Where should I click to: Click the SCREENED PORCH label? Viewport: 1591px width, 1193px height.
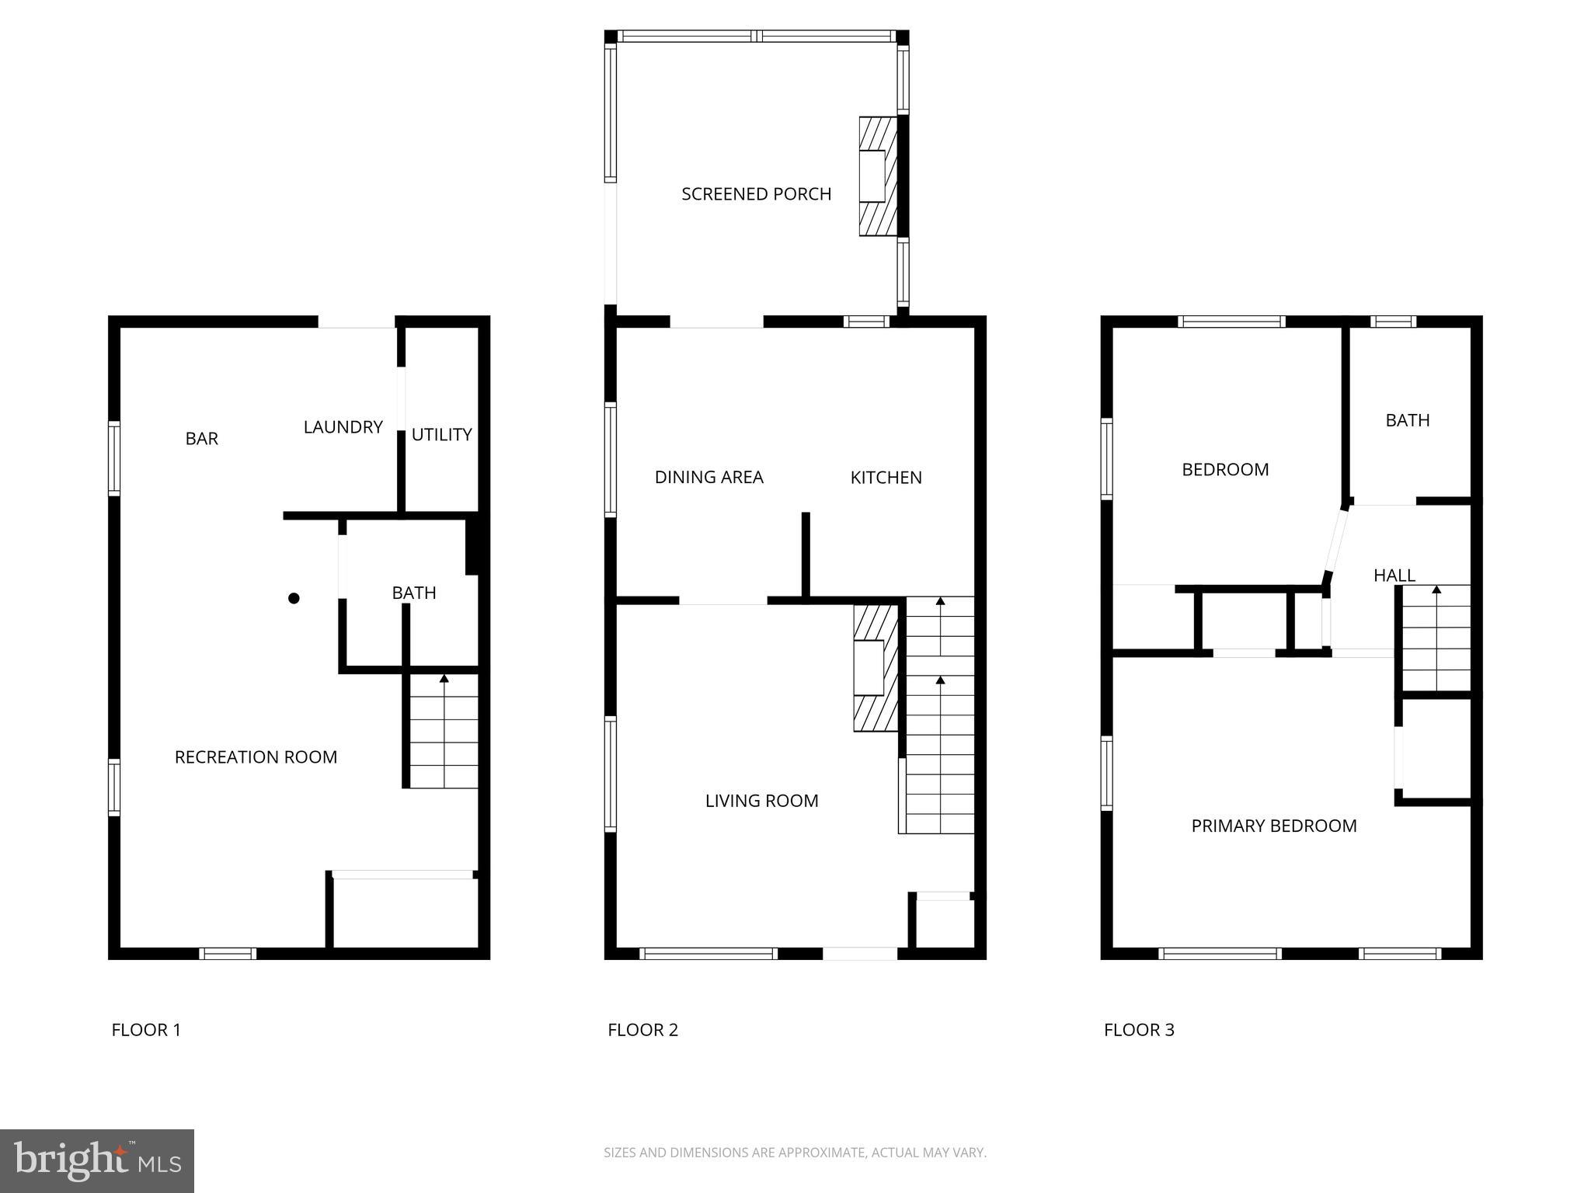click(x=756, y=194)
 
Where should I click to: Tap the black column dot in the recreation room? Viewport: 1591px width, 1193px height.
click(x=294, y=598)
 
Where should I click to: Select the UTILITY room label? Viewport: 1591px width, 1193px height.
click(x=441, y=435)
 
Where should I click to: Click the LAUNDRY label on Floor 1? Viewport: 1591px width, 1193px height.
click(x=343, y=427)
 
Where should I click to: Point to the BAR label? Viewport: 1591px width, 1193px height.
click(x=201, y=439)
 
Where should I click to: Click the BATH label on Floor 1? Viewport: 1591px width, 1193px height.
click(x=413, y=593)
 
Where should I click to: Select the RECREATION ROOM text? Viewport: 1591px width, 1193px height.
click(x=256, y=757)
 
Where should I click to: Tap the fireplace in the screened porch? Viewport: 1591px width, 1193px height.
click(x=878, y=176)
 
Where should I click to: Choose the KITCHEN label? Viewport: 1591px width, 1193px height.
click(x=886, y=478)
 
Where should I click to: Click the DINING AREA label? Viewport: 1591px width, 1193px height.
click(x=708, y=478)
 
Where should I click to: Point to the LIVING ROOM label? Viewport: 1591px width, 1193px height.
click(x=761, y=801)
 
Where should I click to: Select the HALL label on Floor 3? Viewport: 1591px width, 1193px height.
click(x=1394, y=576)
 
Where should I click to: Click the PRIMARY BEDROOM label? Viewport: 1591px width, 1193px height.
click(x=1274, y=826)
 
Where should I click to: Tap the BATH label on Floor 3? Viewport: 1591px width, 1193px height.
click(x=1407, y=420)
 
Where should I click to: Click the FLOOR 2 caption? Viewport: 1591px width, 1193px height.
click(x=642, y=1030)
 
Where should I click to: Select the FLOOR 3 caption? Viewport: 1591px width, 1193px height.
click(x=1139, y=1030)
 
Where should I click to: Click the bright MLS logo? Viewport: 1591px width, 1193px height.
click(x=97, y=1160)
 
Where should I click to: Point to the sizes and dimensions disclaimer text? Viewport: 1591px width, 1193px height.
click(x=795, y=1153)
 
